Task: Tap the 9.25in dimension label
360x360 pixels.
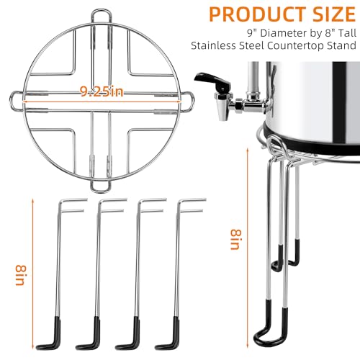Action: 102,91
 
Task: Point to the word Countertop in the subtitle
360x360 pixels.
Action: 297,45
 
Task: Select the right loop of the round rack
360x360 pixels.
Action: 192,102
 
